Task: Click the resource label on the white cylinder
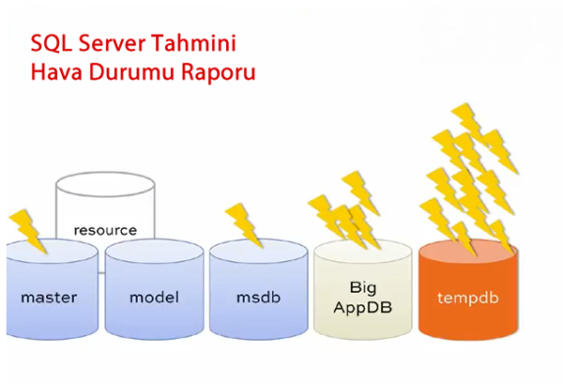click(x=105, y=229)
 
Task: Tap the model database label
click(x=154, y=298)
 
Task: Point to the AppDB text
click(x=362, y=305)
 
